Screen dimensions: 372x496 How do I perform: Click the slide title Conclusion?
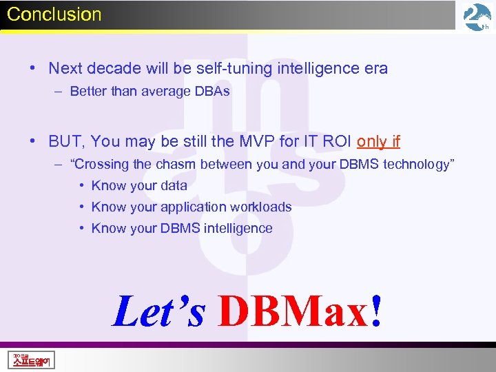(x=54, y=14)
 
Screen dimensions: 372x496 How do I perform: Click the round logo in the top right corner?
(x=477, y=17)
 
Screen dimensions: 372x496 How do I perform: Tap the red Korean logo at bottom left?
(x=31, y=359)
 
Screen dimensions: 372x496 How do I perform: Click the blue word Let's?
(x=158, y=311)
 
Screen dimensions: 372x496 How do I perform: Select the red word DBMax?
(x=293, y=311)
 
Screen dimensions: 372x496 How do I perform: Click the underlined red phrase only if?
(x=378, y=141)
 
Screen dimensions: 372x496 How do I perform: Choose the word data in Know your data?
(x=173, y=185)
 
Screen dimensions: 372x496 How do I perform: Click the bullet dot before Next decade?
(x=33, y=68)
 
